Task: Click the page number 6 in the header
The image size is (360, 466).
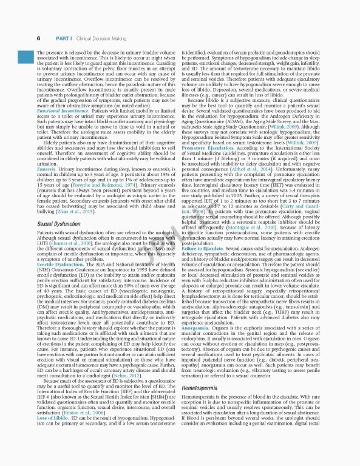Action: [38, 38]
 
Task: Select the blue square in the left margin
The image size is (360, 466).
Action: [24, 56]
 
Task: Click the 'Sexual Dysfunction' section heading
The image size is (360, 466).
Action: [59, 223]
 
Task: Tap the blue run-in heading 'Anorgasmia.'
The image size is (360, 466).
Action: [194, 328]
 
